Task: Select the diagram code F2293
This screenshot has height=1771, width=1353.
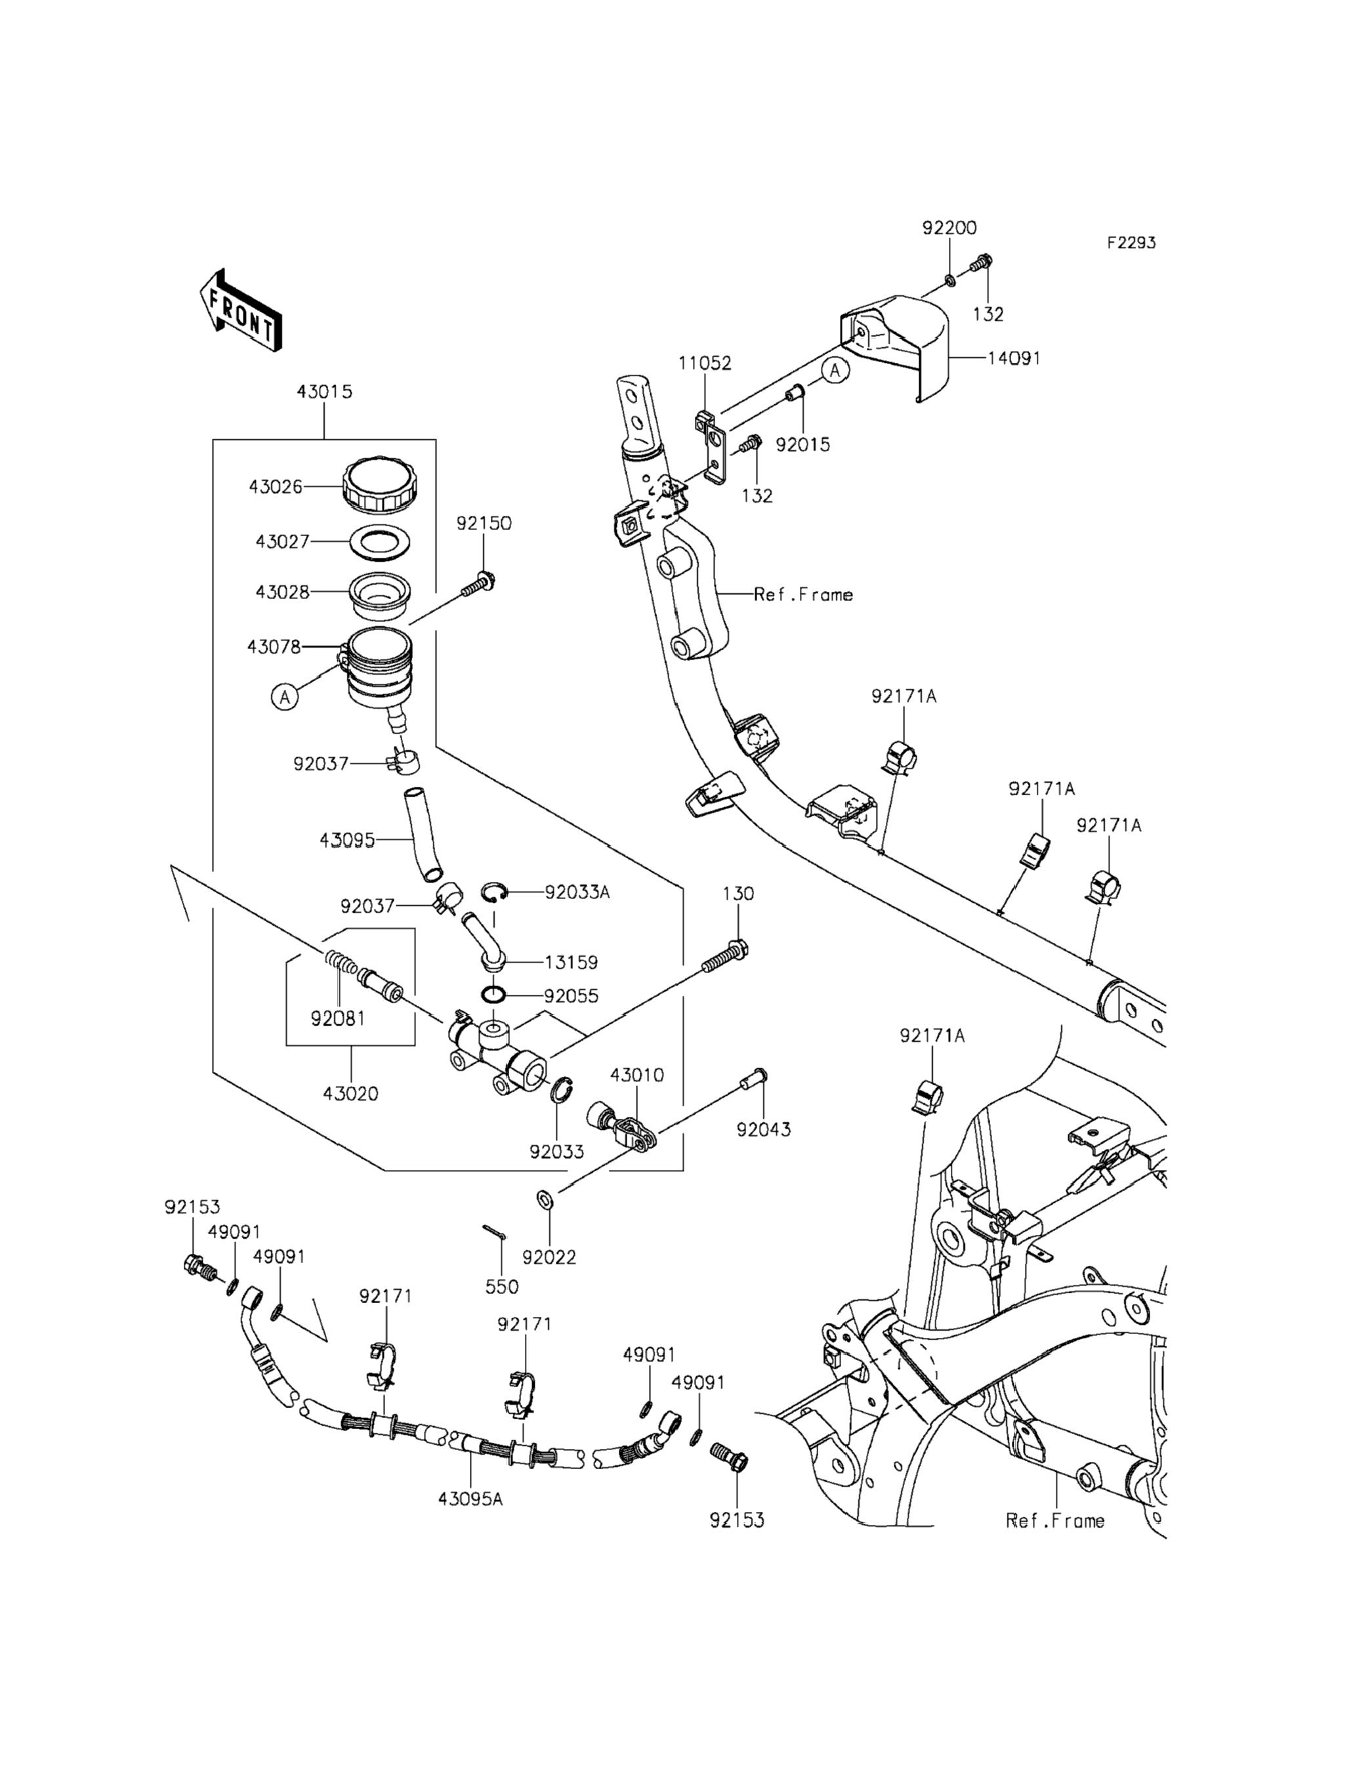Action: (1131, 242)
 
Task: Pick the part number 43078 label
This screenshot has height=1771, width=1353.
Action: (274, 647)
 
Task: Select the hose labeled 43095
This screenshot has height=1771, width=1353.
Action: (425, 837)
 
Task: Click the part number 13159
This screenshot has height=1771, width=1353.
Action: (571, 963)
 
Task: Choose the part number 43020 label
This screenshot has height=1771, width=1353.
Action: (350, 1094)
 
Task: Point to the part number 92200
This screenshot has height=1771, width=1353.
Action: (949, 228)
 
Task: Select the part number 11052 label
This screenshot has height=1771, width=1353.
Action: (705, 364)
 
